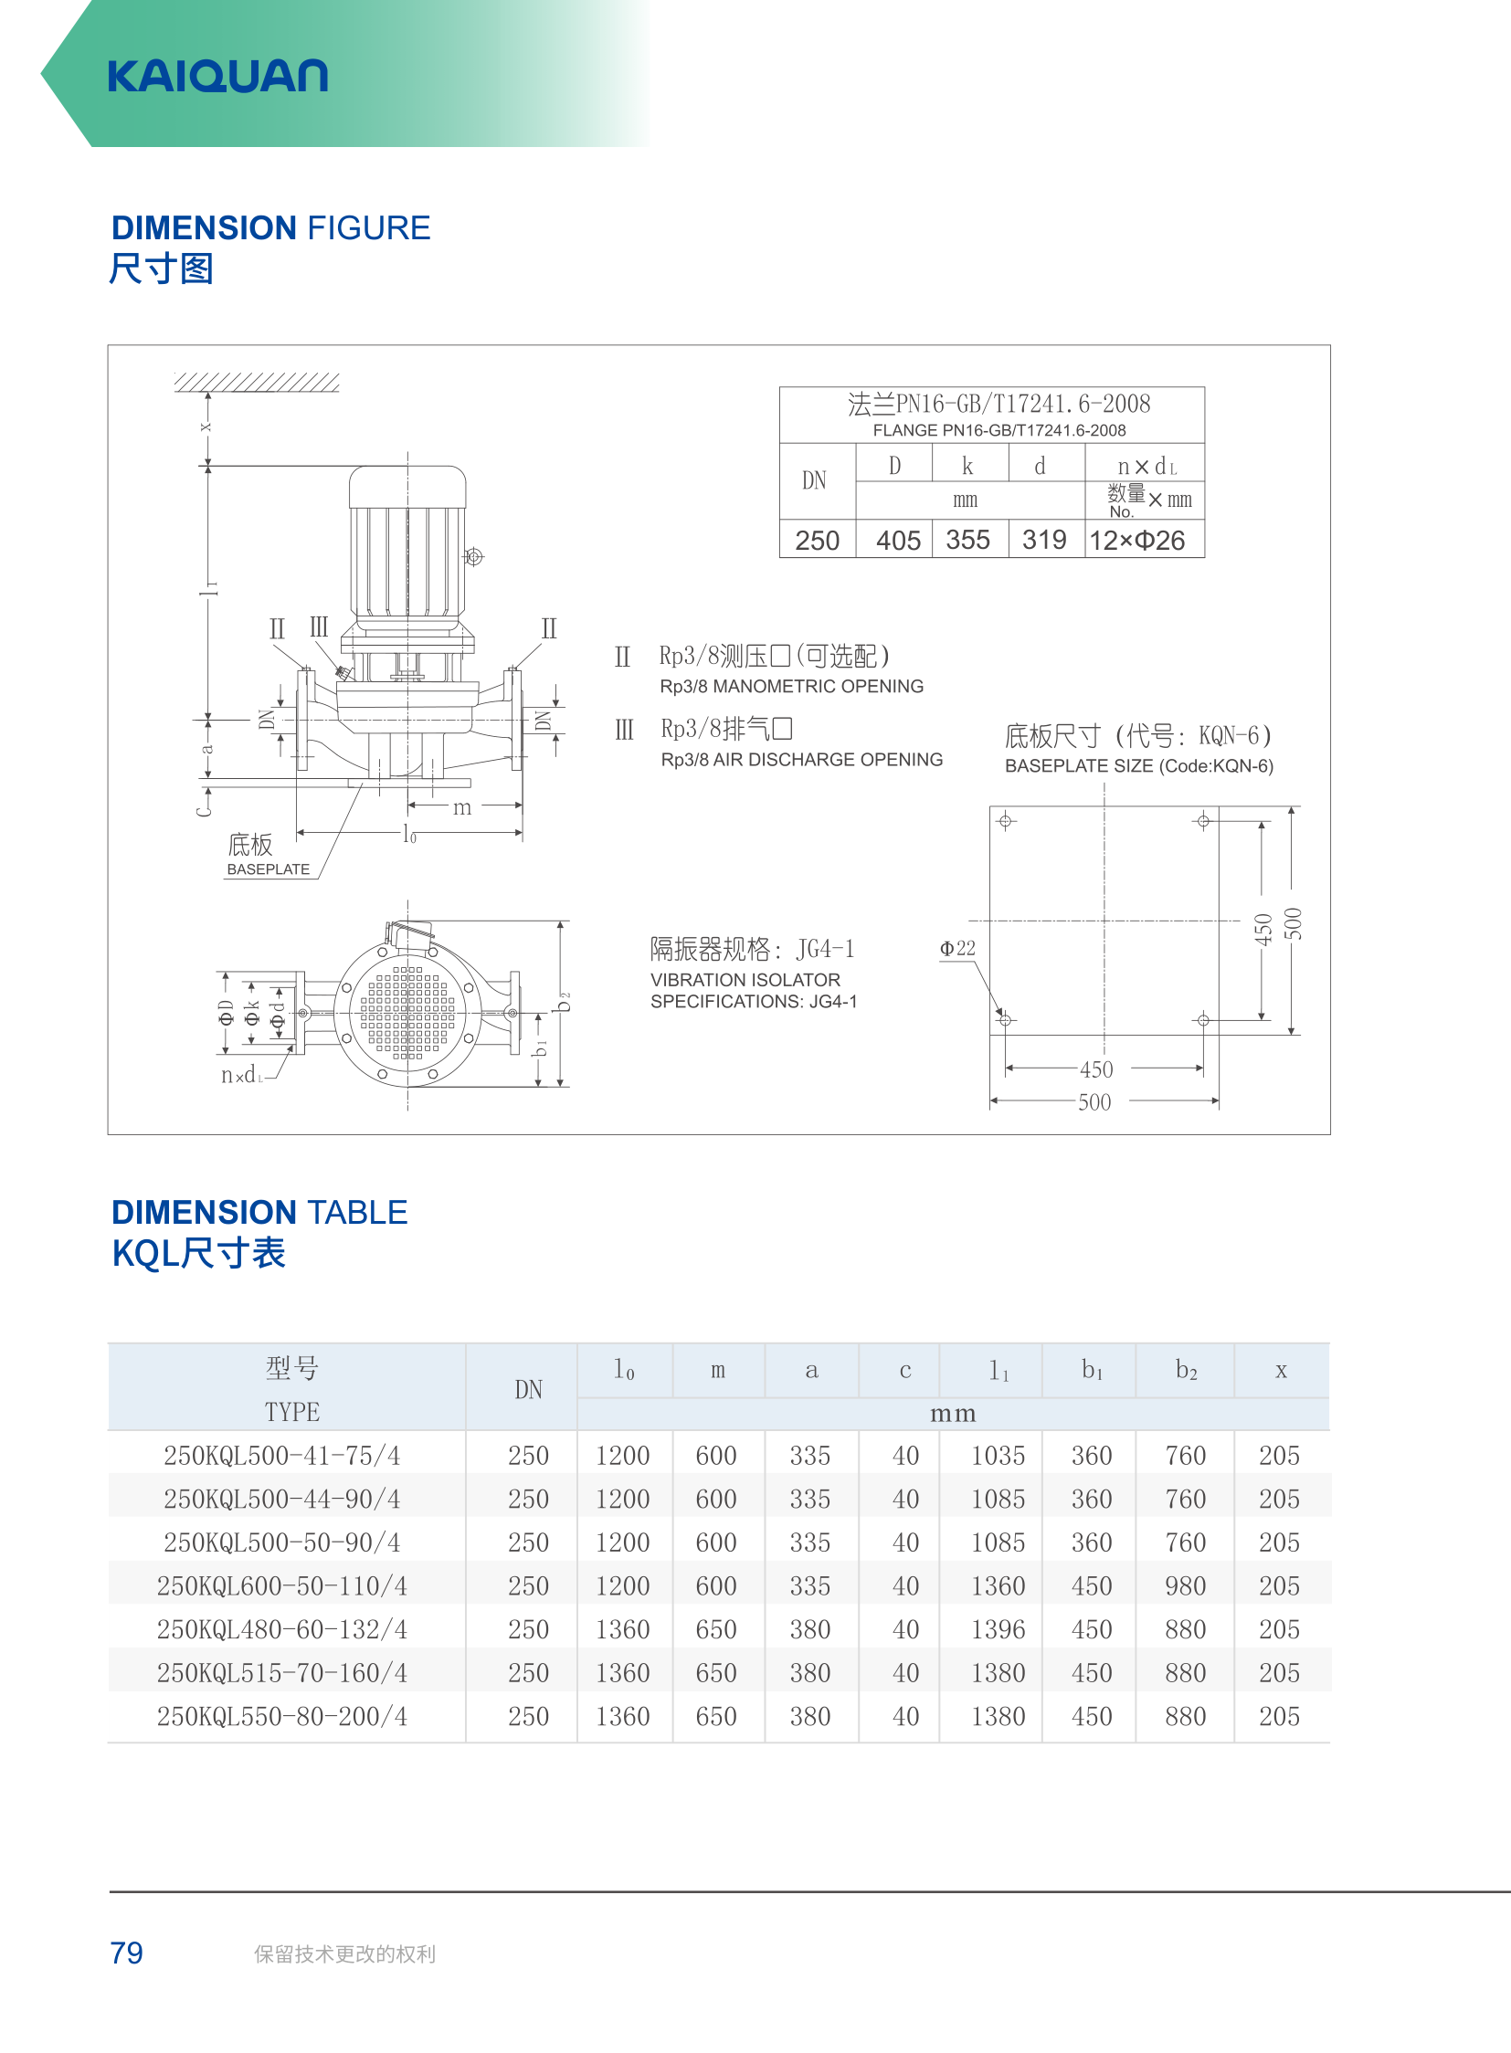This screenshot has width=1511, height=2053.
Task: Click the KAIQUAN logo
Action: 217,76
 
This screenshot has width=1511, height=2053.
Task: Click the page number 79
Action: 126,1953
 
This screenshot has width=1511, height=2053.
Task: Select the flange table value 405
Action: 898,541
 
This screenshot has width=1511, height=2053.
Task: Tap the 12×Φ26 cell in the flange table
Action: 1137,541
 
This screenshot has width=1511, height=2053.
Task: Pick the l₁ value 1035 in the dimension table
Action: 998,1455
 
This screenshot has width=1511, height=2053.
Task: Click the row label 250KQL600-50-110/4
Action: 281,1585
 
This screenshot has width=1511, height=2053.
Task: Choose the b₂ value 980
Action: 1186,1585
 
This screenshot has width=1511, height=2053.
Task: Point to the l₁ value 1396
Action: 998,1629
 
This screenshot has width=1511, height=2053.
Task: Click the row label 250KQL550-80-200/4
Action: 281,1717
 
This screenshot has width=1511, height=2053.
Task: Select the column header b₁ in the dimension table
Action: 1092,1369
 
